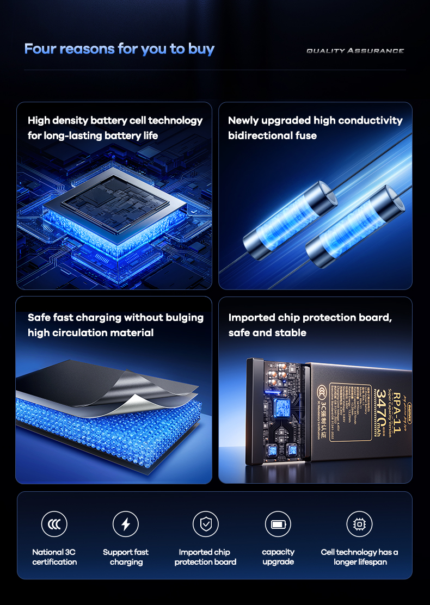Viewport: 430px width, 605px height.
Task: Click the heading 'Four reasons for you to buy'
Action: [x=119, y=49]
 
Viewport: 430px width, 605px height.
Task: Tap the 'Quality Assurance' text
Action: [x=355, y=51]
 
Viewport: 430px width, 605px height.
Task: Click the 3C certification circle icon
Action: [x=54, y=524]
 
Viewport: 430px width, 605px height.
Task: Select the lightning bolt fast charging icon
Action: [x=126, y=524]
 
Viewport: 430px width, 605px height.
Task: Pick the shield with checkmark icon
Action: [x=206, y=524]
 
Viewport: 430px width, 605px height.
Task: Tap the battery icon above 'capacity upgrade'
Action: [x=278, y=524]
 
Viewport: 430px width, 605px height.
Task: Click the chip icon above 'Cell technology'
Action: [x=359, y=524]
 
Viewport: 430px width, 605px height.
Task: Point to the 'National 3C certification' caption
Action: [x=54, y=557]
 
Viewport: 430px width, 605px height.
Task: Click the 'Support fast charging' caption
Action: [x=126, y=557]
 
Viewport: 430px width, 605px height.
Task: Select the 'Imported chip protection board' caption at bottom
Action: [x=206, y=557]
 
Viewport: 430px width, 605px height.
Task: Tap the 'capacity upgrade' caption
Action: [x=278, y=557]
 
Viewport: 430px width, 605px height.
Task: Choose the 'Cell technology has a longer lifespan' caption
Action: [x=359, y=557]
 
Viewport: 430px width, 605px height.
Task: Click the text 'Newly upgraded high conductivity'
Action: [x=315, y=120]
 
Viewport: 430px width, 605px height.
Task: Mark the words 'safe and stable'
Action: [x=267, y=332]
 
